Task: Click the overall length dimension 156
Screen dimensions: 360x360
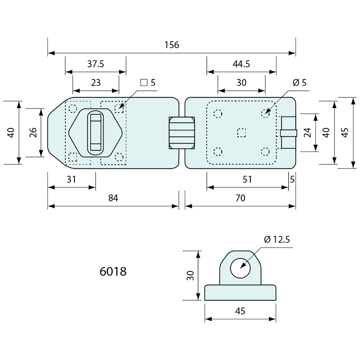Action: tap(172, 45)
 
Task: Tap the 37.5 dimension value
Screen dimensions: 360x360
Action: tap(96, 64)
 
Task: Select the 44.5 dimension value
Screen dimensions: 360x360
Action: tap(241, 64)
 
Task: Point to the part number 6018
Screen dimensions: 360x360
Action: tap(113, 271)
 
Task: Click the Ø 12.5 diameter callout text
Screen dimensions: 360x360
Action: tap(277, 240)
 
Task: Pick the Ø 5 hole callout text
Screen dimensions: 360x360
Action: tap(299, 82)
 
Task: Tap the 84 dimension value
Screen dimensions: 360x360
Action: tap(113, 198)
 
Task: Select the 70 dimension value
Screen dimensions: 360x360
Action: tap(240, 198)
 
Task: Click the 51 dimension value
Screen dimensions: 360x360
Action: tap(247, 179)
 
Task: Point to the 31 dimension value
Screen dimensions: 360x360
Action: tap(71, 179)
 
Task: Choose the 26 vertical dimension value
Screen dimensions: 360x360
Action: tap(33, 132)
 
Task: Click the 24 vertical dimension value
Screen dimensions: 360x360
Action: tap(307, 133)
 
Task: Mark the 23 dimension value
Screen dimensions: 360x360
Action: tap(96, 82)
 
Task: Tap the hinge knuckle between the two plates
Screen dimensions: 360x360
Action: tap(182, 133)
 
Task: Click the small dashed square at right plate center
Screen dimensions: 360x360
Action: tap(241, 133)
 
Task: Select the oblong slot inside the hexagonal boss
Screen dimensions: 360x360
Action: tap(96, 132)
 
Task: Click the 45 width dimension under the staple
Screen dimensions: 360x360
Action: tap(240, 311)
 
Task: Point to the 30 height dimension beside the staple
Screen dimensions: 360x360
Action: tap(190, 275)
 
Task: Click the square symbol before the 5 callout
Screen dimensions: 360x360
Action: tap(144, 82)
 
